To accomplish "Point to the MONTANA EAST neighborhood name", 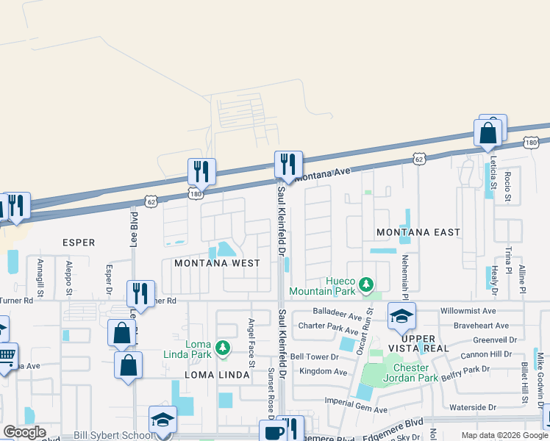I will (x=418, y=232).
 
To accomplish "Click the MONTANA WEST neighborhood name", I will (x=217, y=263).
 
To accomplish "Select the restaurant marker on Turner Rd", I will (x=140, y=293).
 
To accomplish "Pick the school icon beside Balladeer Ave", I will (x=401, y=315).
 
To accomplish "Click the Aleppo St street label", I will (x=68, y=277).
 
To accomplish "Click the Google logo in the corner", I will (x=24, y=432).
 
